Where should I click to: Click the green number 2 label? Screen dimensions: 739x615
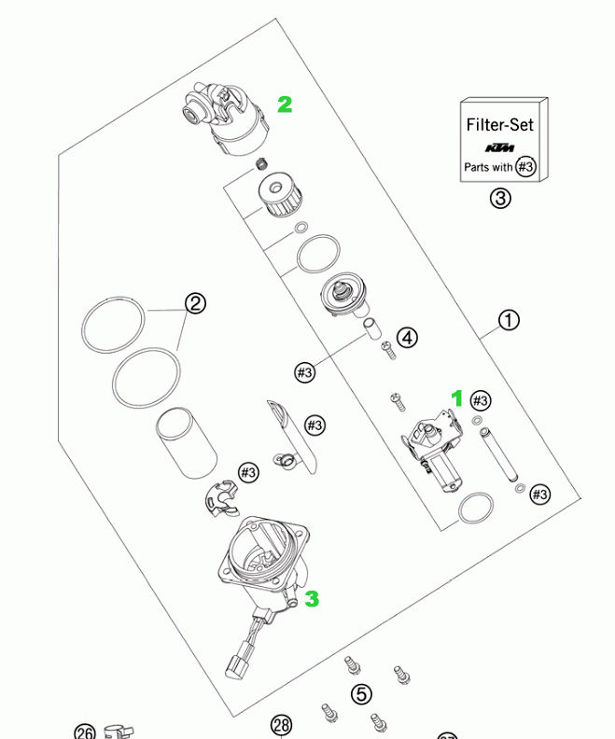click(x=285, y=105)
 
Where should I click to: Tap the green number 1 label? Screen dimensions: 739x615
click(x=457, y=398)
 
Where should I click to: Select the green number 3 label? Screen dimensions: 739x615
click(x=313, y=598)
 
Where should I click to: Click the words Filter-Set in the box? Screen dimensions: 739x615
click(x=500, y=124)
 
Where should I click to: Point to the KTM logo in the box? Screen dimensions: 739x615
click(x=500, y=148)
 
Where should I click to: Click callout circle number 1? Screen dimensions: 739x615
click(x=508, y=321)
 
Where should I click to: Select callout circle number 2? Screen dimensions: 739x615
click(x=194, y=303)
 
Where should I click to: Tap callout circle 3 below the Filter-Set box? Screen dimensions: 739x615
click(x=500, y=198)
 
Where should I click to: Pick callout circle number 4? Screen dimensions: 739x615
click(x=407, y=338)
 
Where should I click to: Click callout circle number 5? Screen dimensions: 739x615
click(x=361, y=694)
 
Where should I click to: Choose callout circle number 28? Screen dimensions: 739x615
click(x=282, y=725)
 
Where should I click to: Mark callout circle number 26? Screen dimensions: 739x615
click(x=86, y=731)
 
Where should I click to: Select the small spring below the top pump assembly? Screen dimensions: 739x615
click(x=261, y=166)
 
